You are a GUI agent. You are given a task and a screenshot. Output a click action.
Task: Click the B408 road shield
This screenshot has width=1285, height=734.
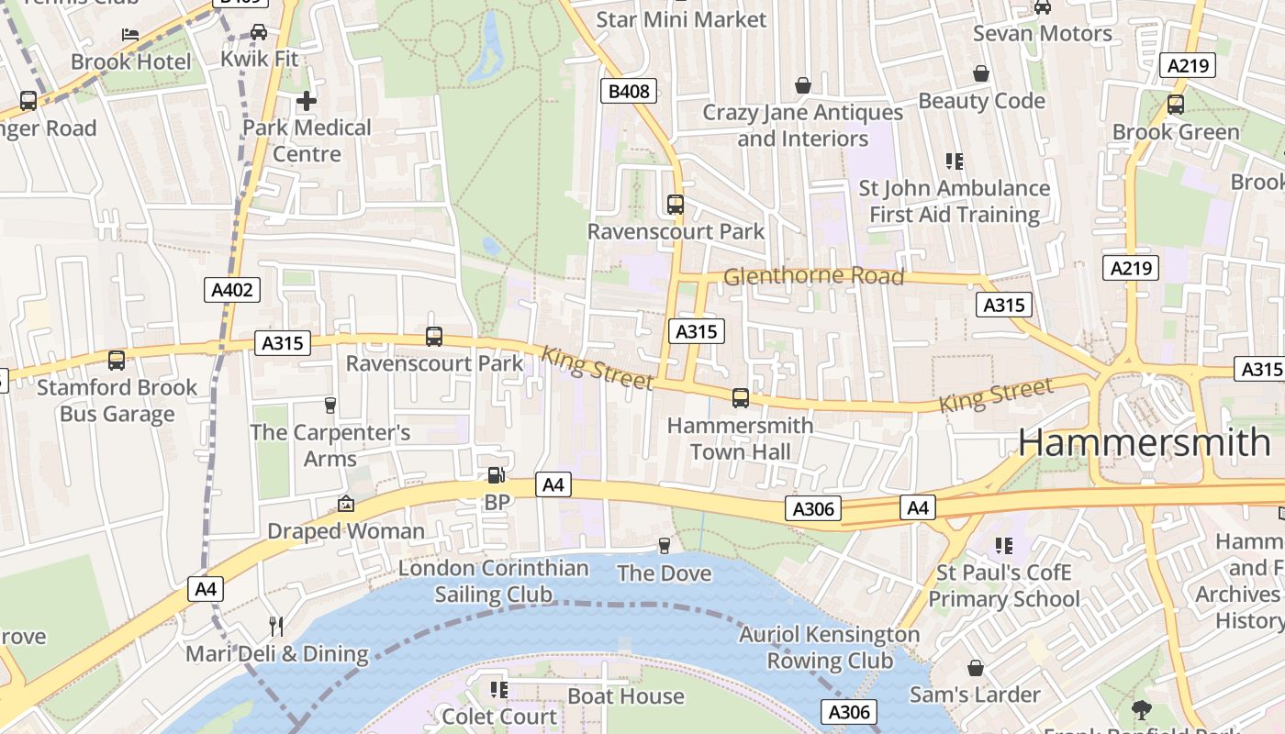click(629, 91)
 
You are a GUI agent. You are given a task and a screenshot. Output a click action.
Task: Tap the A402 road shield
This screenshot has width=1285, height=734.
click(231, 291)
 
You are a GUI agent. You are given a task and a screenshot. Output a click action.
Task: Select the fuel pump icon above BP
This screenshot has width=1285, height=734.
click(496, 475)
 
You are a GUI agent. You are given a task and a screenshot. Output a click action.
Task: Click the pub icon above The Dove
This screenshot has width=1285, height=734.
click(665, 546)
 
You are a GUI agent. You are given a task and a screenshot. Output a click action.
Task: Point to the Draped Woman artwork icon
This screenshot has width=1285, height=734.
click(346, 504)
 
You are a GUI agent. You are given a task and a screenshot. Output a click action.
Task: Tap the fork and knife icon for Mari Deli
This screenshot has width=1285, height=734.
click(275, 627)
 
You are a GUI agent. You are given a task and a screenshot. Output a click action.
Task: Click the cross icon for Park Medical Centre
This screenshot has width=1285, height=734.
click(307, 100)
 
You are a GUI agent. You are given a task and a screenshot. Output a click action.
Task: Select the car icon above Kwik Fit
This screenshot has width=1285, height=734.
click(259, 32)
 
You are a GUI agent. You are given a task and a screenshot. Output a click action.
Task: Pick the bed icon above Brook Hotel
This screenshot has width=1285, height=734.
click(130, 35)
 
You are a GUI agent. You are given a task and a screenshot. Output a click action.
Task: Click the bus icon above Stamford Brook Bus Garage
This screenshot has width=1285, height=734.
click(117, 361)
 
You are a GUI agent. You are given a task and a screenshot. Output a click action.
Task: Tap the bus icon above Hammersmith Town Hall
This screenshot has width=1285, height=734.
click(740, 398)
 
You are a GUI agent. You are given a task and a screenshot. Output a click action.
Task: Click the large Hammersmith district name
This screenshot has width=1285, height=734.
click(1144, 443)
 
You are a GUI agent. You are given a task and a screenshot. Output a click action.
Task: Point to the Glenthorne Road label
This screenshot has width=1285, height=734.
click(813, 276)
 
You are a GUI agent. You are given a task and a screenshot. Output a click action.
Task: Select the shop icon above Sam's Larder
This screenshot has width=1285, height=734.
click(975, 668)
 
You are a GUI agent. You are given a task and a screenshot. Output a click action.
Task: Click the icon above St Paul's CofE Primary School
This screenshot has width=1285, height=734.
click(1004, 546)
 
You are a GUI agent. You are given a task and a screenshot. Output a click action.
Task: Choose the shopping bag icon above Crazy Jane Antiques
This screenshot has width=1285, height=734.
click(803, 85)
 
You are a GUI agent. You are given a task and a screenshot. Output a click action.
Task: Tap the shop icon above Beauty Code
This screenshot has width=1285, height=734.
click(981, 73)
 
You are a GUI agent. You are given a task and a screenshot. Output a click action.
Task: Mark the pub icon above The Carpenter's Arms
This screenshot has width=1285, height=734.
click(330, 405)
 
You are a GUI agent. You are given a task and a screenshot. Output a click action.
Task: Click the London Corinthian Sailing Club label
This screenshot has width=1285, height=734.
click(493, 581)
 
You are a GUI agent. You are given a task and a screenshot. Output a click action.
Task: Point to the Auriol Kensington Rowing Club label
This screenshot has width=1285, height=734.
click(829, 647)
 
